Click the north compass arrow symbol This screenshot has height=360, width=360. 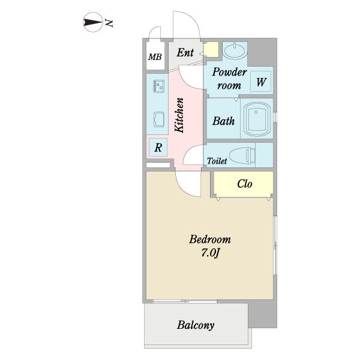[x=92, y=22]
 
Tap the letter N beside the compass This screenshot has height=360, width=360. [x=109, y=23]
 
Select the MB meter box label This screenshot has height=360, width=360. [x=155, y=57]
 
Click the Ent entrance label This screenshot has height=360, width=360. [x=185, y=53]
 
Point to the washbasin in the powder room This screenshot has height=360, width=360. [x=235, y=50]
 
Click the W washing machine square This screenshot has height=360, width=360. [x=260, y=82]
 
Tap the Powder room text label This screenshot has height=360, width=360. [x=229, y=79]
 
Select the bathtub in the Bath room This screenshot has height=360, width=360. [x=256, y=119]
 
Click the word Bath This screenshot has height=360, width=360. [x=223, y=121]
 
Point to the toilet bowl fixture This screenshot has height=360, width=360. [x=242, y=155]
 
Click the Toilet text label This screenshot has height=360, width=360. [x=217, y=161]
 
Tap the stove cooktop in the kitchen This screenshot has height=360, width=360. [x=158, y=86]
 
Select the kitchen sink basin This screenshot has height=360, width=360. [x=158, y=119]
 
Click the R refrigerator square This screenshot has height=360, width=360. [x=158, y=148]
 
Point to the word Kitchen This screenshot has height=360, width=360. [x=179, y=115]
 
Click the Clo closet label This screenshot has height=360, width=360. [x=245, y=184]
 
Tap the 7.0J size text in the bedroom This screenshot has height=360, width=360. [x=211, y=253]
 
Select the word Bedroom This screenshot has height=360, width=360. [x=210, y=239]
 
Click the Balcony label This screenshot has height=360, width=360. [x=196, y=325]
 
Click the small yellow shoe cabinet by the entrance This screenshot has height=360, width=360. [x=211, y=50]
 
